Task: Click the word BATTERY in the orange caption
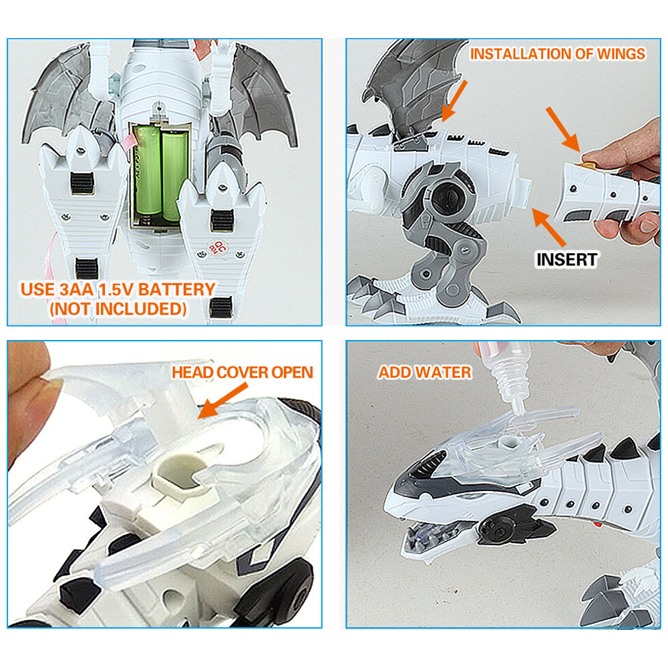177,290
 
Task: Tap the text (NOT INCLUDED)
118,309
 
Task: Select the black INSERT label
566,259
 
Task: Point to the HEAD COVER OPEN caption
242,372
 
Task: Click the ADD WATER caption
425,372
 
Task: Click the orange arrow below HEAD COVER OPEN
222,400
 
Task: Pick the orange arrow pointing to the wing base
454,101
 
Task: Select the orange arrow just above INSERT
549,228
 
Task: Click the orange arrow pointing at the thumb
563,129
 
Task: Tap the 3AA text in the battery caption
76,290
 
